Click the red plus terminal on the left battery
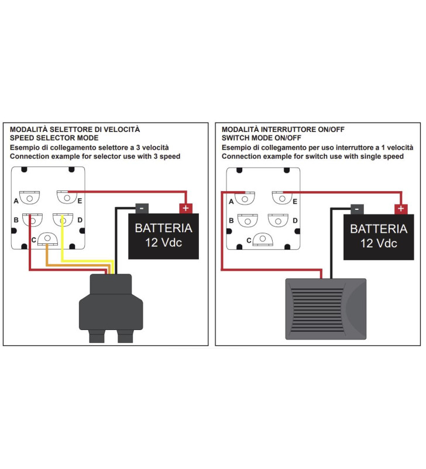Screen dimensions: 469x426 point(185,208)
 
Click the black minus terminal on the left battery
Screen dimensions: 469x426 point(141,208)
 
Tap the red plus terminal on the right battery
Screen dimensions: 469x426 point(401,209)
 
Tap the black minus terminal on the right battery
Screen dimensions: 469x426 point(356,209)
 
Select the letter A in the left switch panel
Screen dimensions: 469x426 point(16,200)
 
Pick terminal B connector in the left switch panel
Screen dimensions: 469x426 point(32,219)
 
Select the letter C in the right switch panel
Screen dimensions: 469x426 point(250,240)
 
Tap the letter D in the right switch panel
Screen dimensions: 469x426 point(295,220)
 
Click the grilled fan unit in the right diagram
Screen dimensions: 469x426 point(325,308)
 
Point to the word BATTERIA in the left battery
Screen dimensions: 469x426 point(163,228)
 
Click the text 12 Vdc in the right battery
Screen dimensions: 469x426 point(379,243)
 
